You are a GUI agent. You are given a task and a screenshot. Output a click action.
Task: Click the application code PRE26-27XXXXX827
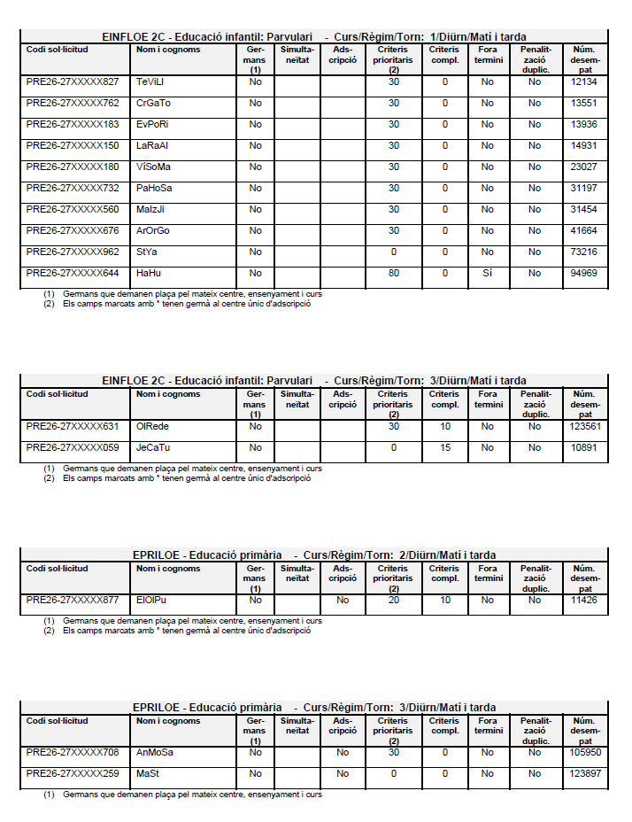(73, 81)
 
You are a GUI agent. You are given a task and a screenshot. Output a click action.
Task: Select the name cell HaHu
(149, 273)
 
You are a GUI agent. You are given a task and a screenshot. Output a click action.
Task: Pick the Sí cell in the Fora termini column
(487, 273)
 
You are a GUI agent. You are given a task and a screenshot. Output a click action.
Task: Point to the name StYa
(146, 252)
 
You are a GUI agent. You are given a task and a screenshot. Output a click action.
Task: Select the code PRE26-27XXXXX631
(73, 426)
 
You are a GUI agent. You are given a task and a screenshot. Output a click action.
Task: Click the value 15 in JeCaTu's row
(445, 447)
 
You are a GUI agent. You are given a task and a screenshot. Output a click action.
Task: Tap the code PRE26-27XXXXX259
(73, 773)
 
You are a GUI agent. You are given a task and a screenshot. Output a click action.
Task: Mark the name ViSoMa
(154, 167)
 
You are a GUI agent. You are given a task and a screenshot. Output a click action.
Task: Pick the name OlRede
(153, 426)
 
